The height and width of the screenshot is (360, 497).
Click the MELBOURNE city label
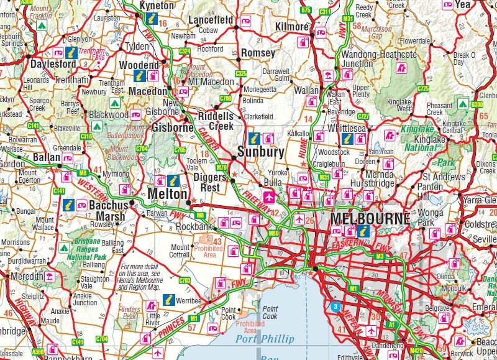click(x=370, y=219)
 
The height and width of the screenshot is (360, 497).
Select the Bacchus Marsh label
click(x=107, y=211)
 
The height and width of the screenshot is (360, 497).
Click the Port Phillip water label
click(x=264, y=339)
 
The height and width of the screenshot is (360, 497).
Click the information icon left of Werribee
click(x=166, y=300)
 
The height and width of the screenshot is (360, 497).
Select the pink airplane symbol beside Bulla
click(x=268, y=197)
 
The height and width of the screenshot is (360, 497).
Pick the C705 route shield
click(x=180, y=150)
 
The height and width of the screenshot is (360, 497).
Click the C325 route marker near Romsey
click(x=241, y=73)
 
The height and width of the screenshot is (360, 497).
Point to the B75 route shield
click(x=306, y=11)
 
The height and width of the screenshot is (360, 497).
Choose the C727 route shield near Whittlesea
click(x=364, y=116)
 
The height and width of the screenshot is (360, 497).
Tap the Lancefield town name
click(x=211, y=20)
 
